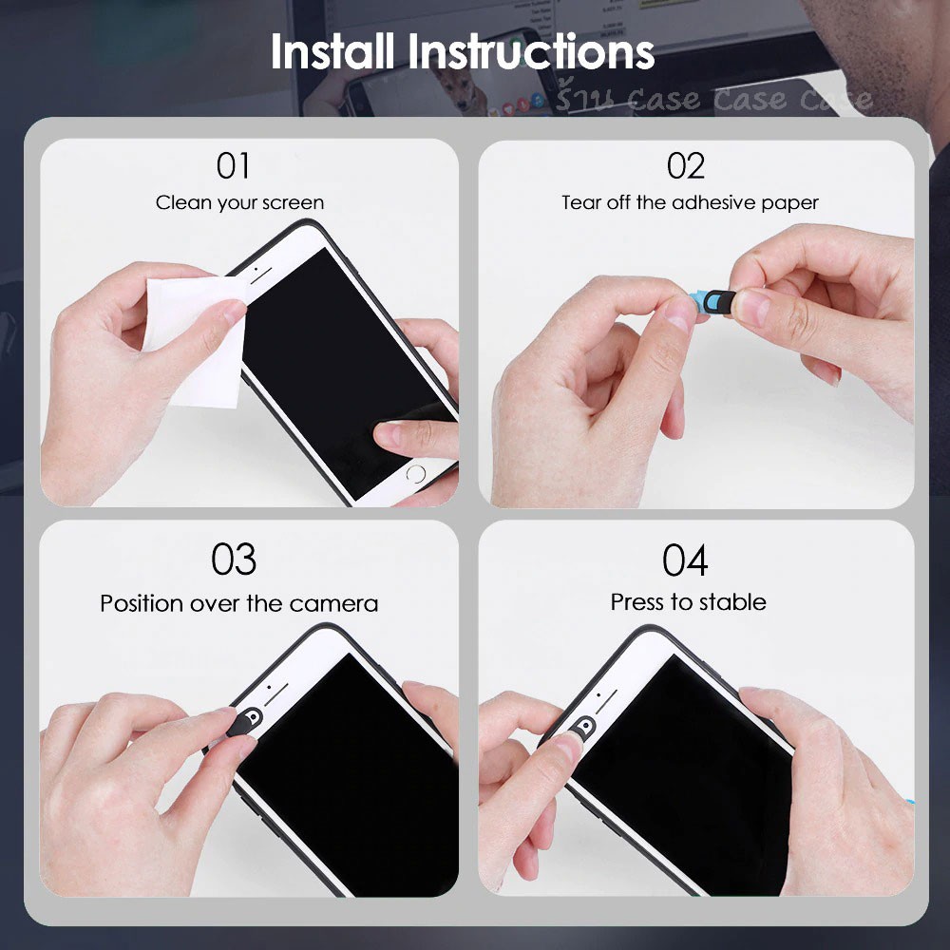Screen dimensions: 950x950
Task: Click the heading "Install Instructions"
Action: click(463, 51)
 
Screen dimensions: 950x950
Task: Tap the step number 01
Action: click(234, 165)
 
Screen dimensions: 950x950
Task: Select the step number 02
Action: click(686, 165)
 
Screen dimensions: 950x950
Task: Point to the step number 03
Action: click(234, 560)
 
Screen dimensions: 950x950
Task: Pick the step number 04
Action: click(685, 560)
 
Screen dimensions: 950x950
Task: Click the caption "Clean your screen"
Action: click(240, 202)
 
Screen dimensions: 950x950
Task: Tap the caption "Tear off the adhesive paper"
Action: click(690, 202)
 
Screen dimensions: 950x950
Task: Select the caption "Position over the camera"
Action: click(239, 603)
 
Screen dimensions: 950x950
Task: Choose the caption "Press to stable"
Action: click(688, 602)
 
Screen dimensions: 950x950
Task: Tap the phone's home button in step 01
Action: click(416, 473)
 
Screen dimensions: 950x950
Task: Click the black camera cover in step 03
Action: click(245, 722)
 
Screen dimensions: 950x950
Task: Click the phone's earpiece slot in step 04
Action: click(605, 702)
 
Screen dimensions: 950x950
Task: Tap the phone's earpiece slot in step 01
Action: click(261, 276)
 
